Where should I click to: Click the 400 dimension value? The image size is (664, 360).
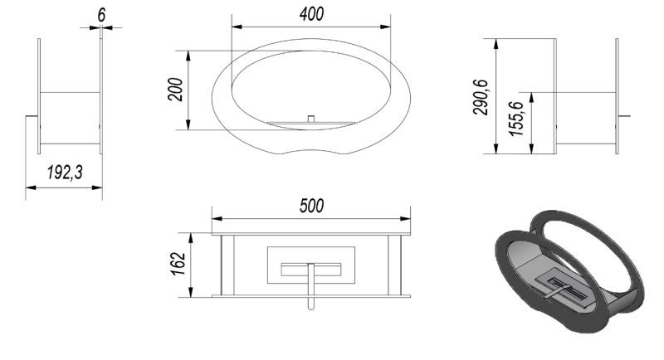click(311, 14)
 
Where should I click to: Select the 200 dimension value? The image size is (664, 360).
click(175, 90)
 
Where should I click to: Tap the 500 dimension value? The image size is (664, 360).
click(311, 206)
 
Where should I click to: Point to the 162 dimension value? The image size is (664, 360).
click(178, 264)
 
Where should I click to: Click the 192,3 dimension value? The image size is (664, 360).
click(65, 173)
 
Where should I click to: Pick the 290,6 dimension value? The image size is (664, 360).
click(481, 97)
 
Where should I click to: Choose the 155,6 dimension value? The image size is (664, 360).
click(516, 119)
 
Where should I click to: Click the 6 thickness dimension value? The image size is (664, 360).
click(101, 15)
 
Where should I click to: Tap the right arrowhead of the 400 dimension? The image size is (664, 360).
click(385, 27)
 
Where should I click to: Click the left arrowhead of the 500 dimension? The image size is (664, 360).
click(217, 219)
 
